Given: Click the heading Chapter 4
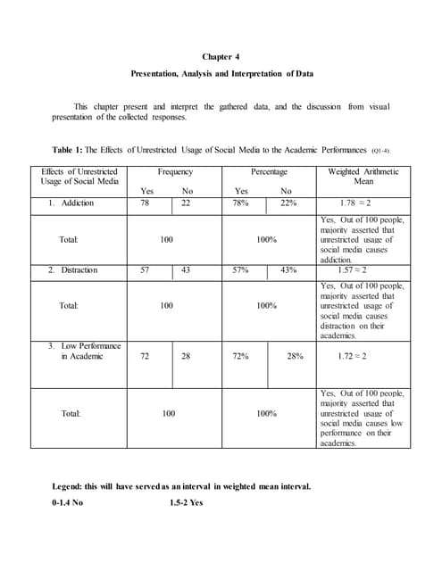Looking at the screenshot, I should coord(221,57).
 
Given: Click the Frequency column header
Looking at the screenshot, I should coord(175,171).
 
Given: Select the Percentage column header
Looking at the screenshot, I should coord(269,171).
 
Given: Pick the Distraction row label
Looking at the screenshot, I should coord(73,269).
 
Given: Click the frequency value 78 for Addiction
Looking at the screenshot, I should coord(145,203).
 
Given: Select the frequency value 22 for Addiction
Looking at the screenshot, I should coord(186,203).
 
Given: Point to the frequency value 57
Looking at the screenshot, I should coord(145,269).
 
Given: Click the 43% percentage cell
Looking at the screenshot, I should coord(288,269).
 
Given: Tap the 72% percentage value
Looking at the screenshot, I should coord(240,356).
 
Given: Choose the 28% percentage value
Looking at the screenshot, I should coord(295,356).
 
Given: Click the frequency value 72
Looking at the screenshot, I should coord(145,356).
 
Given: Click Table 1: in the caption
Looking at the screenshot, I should coord(69,149).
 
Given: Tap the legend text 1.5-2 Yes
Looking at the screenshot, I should coord(187,502).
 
